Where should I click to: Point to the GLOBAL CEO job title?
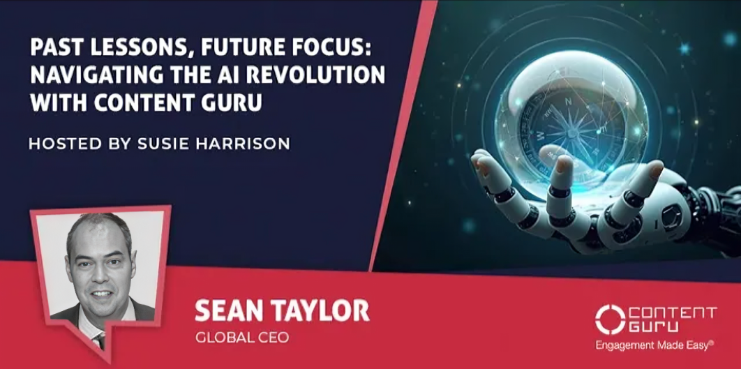[241, 338]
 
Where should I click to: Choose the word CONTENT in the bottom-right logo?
[673, 312]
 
